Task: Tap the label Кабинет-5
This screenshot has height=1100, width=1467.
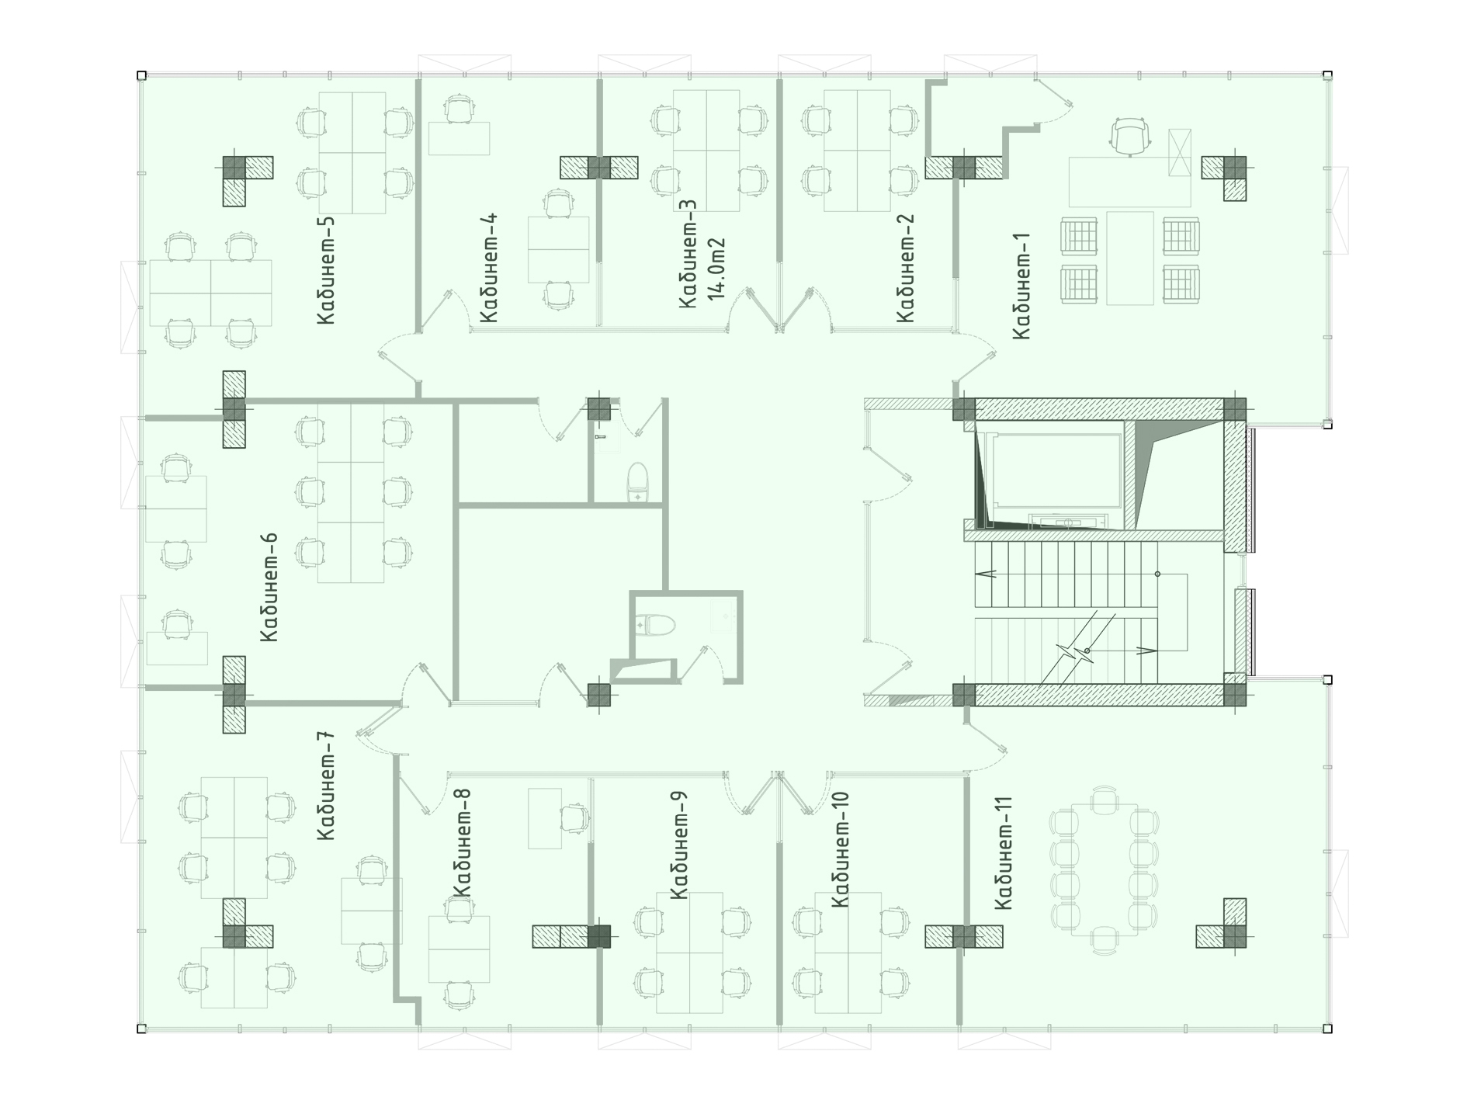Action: (x=326, y=271)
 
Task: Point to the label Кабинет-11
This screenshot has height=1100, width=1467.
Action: (x=1004, y=850)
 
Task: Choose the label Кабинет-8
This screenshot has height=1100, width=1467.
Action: (x=461, y=843)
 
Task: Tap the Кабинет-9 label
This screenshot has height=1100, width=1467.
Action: (x=678, y=845)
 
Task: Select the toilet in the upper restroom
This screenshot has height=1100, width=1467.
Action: (x=637, y=483)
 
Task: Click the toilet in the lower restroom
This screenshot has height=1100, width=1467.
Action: (x=655, y=625)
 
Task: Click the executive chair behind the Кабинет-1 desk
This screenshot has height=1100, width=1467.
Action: (x=1129, y=137)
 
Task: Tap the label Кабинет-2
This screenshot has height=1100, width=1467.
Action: (x=905, y=269)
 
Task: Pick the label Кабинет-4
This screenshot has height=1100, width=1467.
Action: (x=489, y=269)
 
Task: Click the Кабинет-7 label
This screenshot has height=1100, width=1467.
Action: (x=326, y=786)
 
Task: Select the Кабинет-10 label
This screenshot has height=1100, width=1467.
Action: (x=840, y=849)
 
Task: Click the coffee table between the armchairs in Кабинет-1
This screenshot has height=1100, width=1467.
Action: (x=1131, y=258)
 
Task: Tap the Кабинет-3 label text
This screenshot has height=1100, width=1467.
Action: (x=688, y=255)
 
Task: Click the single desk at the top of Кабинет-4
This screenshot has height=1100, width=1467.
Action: (x=460, y=138)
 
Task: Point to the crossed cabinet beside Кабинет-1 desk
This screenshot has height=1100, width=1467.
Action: (x=1179, y=154)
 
